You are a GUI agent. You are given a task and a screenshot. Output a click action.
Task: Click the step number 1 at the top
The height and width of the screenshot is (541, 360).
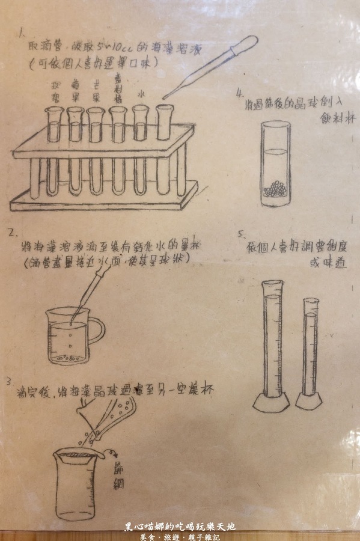click(x=22, y=31)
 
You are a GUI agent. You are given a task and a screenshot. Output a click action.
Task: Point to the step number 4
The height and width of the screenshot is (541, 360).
click(x=240, y=93)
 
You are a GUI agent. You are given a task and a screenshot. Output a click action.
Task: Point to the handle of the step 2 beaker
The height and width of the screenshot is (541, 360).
click(x=97, y=332)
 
